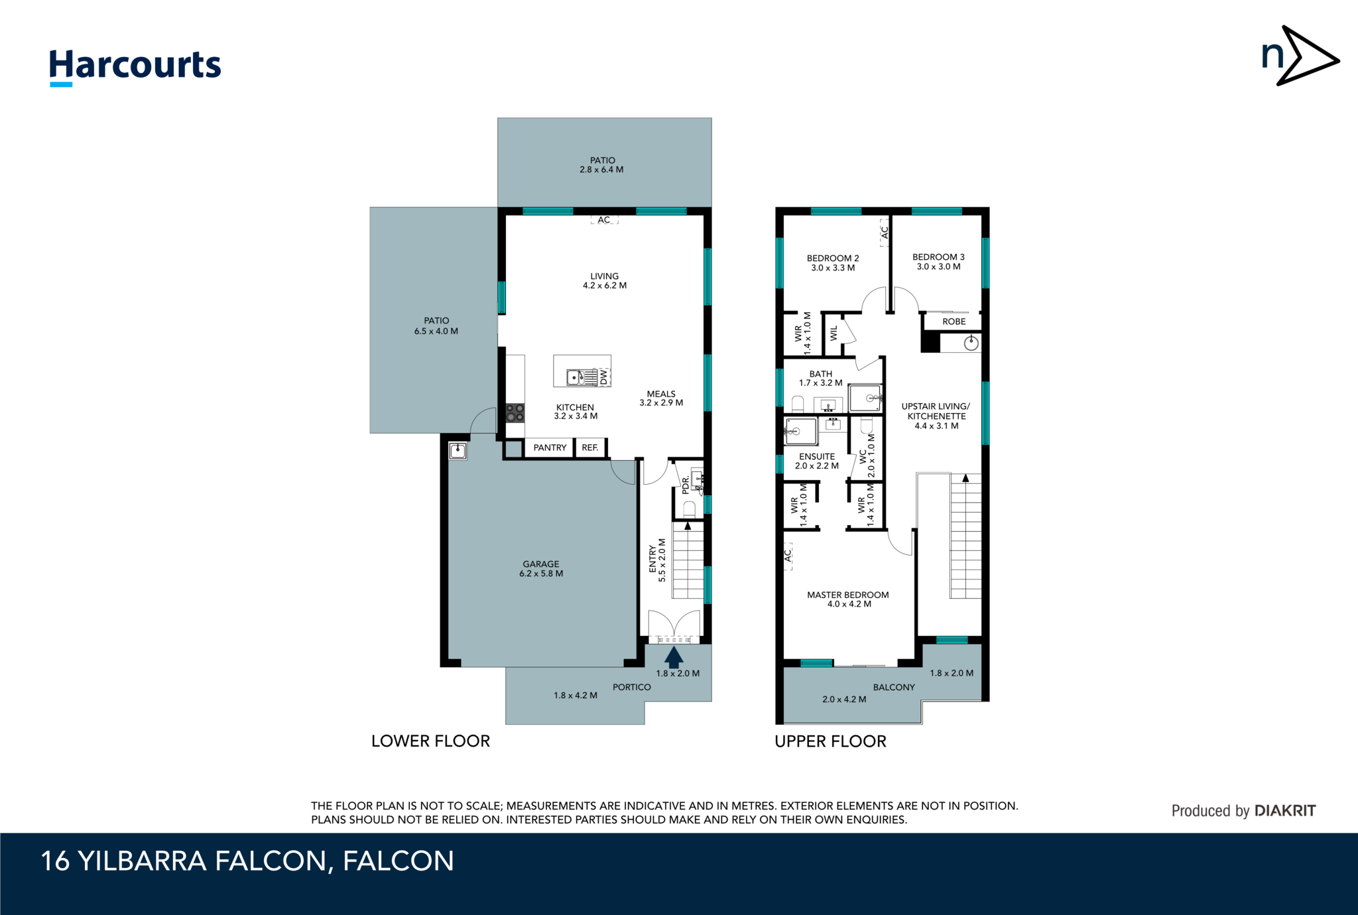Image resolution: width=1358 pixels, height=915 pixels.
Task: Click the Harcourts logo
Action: point(135,66)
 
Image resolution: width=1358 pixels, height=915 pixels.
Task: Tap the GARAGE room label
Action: point(540,564)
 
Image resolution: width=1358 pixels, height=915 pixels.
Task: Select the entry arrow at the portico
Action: point(674,657)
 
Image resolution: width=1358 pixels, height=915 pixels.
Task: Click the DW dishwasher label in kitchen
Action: point(603,377)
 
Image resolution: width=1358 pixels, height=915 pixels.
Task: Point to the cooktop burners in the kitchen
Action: point(515,413)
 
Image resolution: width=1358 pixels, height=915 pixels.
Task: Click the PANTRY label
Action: point(550,448)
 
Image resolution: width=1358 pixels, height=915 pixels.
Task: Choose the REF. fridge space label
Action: point(589,448)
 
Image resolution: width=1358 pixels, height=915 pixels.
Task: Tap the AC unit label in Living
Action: point(604,219)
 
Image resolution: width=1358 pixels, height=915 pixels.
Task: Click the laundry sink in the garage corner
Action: point(458,452)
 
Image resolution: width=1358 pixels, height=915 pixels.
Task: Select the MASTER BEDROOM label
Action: point(847,595)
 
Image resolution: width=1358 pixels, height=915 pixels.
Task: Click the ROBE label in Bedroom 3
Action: point(954,322)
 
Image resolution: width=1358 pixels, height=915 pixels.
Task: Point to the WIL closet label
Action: point(834,333)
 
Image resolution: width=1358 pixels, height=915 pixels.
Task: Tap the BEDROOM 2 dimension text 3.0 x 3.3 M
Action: point(833,268)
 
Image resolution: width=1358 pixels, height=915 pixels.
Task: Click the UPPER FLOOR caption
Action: point(830,741)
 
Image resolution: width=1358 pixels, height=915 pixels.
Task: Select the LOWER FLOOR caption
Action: point(430,741)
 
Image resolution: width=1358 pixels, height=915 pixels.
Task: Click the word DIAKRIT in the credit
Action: point(1285,810)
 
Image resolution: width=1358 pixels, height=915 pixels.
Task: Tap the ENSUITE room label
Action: point(817,456)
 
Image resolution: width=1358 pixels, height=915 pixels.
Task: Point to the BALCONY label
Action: point(893,687)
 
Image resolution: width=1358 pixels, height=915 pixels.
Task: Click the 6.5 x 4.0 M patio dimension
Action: point(436,331)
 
